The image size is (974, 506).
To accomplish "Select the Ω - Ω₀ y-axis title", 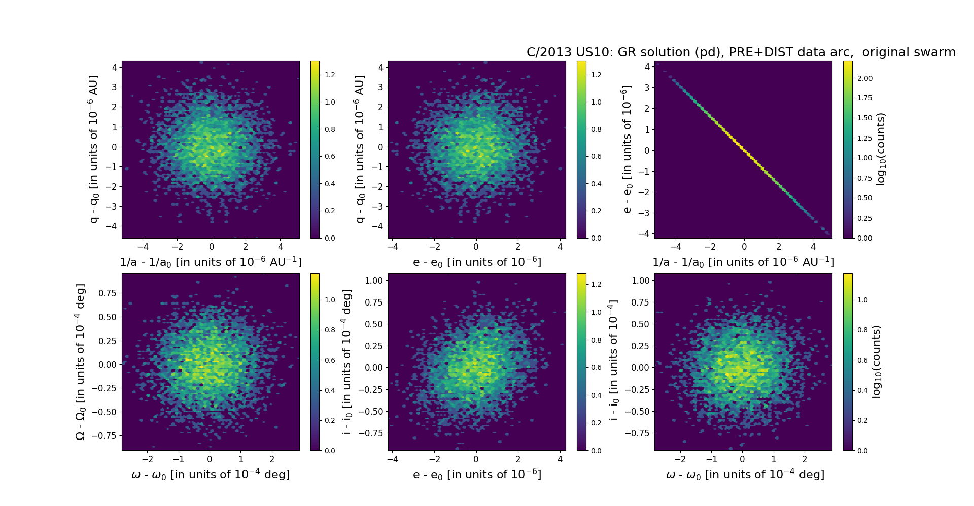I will pos(80,362).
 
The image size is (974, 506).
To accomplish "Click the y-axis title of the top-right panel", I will pos(627,150).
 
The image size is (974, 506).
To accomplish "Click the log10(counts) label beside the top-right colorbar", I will pos(881,150).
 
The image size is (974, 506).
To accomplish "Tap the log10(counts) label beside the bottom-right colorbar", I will pos(876,362).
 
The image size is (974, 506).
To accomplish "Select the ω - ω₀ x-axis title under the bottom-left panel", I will pos(211,475).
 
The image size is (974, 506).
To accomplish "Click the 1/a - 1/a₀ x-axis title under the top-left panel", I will pos(211,262).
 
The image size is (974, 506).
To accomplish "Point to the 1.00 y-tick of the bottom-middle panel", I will pos(374,280).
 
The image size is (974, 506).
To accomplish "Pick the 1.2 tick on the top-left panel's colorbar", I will pos(330,75).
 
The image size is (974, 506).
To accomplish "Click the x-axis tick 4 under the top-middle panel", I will pos(560,247).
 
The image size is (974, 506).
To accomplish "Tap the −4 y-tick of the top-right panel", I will pos(643,233).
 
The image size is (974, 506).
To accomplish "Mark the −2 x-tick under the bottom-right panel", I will pos(680,459).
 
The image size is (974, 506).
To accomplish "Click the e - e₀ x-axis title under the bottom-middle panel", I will pos(477,475).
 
